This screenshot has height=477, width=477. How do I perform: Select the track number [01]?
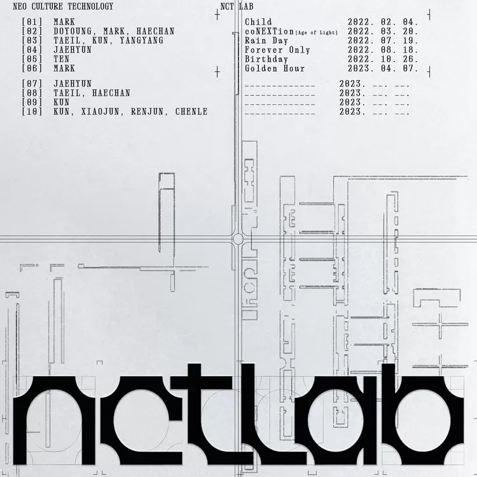tap(31, 22)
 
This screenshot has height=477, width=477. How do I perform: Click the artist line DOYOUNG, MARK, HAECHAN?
tap(114, 31)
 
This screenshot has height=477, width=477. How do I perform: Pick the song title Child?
tap(258, 22)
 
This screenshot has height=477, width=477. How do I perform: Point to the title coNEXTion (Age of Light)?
tap(291, 31)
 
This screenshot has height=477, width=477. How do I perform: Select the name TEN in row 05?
tap(62, 59)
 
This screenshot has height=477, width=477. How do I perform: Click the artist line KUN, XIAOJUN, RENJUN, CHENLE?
tap(130, 112)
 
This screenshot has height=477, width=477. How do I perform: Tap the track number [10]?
tap(31, 112)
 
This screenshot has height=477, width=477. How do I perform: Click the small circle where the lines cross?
tap(238, 238)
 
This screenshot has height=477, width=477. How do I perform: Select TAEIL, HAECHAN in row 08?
tap(92, 93)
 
